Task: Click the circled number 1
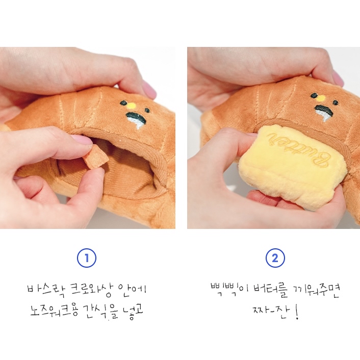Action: (87, 259)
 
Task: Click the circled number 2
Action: (275, 259)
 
